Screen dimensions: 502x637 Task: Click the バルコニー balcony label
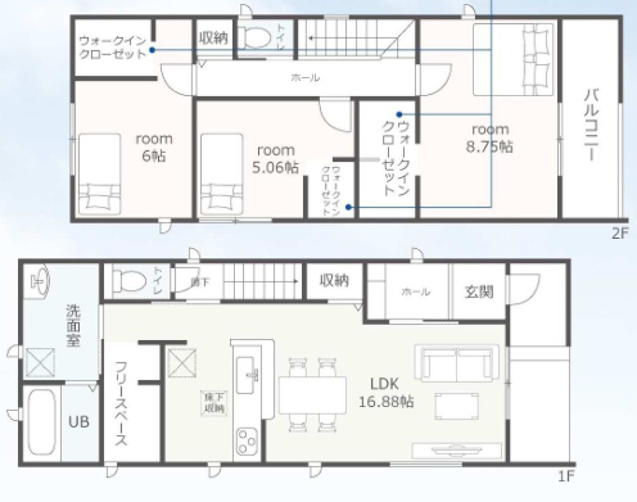pyautogui.click(x=590, y=125)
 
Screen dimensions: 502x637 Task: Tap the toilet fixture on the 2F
pyautogui.click(x=257, y=38)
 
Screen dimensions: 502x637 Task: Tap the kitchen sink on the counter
pyautogui.click(x=247, y=375)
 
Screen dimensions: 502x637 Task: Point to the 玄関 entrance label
pyautogui.click(x=478, y=292)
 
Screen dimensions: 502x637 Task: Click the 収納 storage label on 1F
pyautogui.click(x=334, y=280)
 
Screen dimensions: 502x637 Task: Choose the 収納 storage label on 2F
pyautogui.click(x=213, y=38)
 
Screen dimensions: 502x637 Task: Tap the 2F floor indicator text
pyautogui.click(x=620, y=233)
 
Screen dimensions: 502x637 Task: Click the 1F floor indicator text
pyautogui.click(x=566, y=476)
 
